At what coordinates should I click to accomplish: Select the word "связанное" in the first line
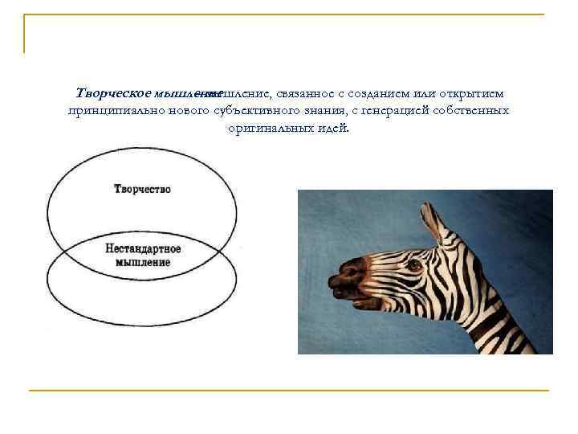click(302, 94)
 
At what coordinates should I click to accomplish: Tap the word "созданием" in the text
click(383, 94)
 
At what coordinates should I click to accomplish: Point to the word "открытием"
click(473, 94)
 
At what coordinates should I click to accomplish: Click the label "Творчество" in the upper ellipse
click(142, 190)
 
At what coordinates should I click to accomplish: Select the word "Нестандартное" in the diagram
click(143, 249)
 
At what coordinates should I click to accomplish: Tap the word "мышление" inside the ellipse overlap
click(143, 262)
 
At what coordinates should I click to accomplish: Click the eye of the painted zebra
click(414, 264)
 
